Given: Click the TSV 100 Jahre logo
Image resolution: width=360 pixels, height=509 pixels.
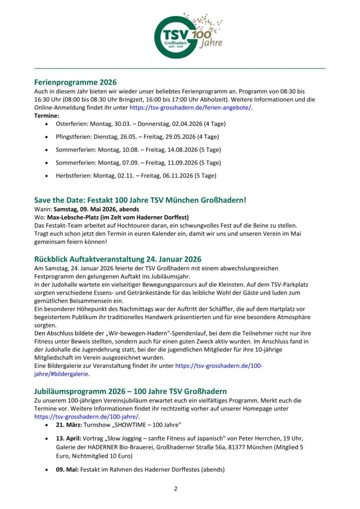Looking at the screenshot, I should (188, 34).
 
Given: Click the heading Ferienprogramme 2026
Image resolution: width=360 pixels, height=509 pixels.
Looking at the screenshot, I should (75, 82).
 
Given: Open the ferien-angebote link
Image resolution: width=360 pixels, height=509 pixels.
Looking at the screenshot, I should (190, 107).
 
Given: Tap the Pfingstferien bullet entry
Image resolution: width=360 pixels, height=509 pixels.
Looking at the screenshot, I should (137, 136).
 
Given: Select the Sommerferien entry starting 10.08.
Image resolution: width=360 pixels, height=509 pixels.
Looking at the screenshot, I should (138, 149).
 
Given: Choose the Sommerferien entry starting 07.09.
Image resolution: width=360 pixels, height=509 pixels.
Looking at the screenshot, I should (138, 163).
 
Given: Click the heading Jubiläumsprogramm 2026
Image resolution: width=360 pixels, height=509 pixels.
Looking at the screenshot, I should (130, 391).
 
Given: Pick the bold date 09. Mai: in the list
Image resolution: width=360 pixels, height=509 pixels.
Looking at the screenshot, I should (68, 469).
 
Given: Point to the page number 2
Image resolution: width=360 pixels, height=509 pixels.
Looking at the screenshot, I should (176, 489).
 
